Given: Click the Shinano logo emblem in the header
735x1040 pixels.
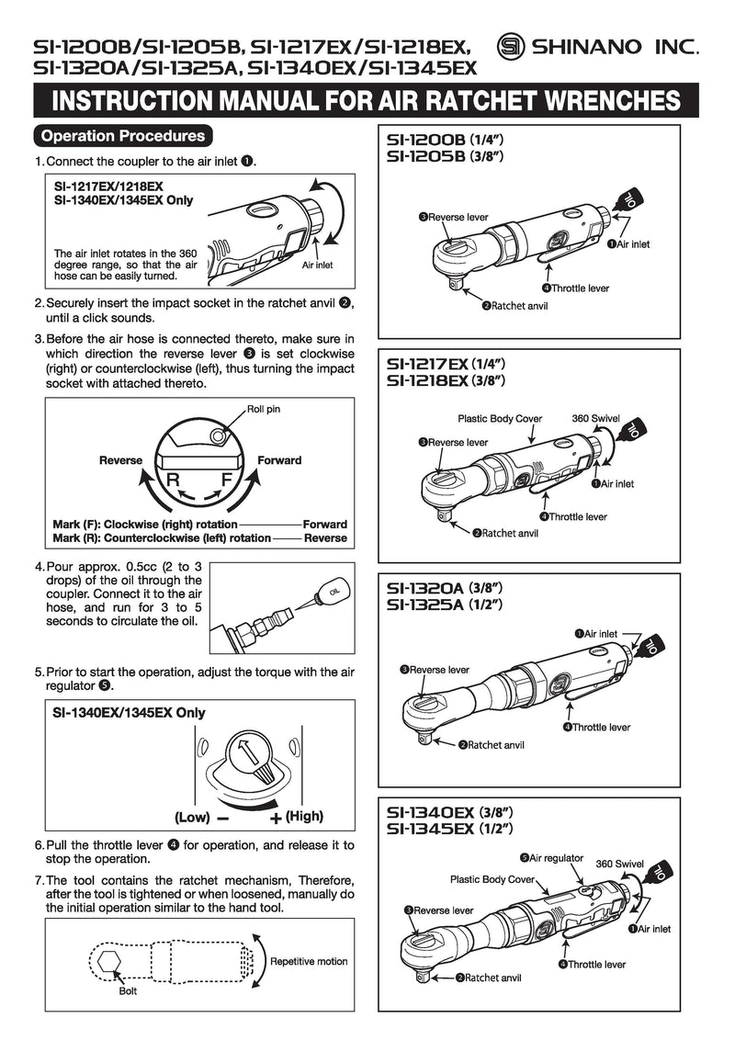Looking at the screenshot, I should (512, 47).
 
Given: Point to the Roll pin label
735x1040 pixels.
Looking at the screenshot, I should (263, 409).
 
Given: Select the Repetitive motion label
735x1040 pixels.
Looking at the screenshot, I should (309, 961).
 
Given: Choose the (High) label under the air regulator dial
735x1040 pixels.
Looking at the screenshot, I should (304, 816).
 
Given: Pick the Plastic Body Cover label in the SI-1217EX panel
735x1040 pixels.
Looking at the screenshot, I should (499, 419).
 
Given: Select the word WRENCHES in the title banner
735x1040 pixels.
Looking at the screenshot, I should (589, 100).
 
